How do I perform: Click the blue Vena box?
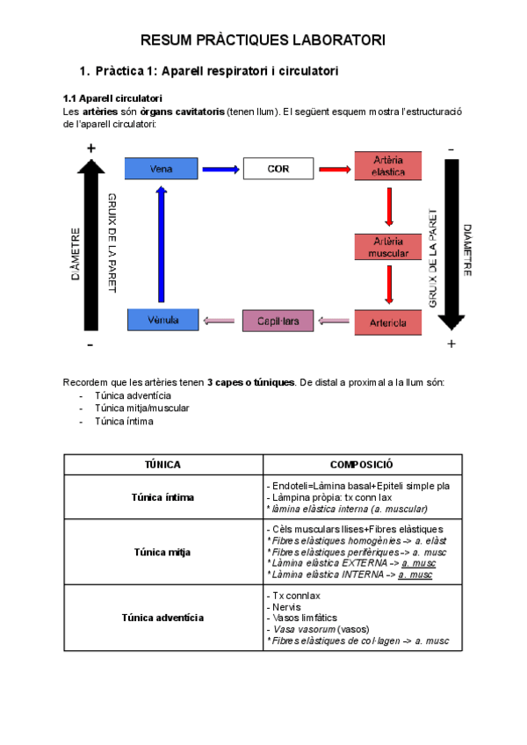click(162, 169)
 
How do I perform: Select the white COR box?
click(278, 169)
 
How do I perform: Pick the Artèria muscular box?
click(388, 247)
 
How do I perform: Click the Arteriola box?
click(388, 322)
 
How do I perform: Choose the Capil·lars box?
click(278, 322)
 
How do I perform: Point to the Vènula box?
click(162, 321)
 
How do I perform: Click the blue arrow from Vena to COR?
click(220, 170)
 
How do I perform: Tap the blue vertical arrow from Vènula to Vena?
click(162, 245)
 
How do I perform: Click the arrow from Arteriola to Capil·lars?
click(334, 322)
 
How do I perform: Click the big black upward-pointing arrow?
click(91, 246)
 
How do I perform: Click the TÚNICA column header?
click(162, 465)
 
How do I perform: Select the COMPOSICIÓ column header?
click(361, 465)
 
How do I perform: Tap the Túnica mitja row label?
click(162, 553)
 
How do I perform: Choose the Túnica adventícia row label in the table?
click(162, 618)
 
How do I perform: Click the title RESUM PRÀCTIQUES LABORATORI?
click(263, 40)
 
